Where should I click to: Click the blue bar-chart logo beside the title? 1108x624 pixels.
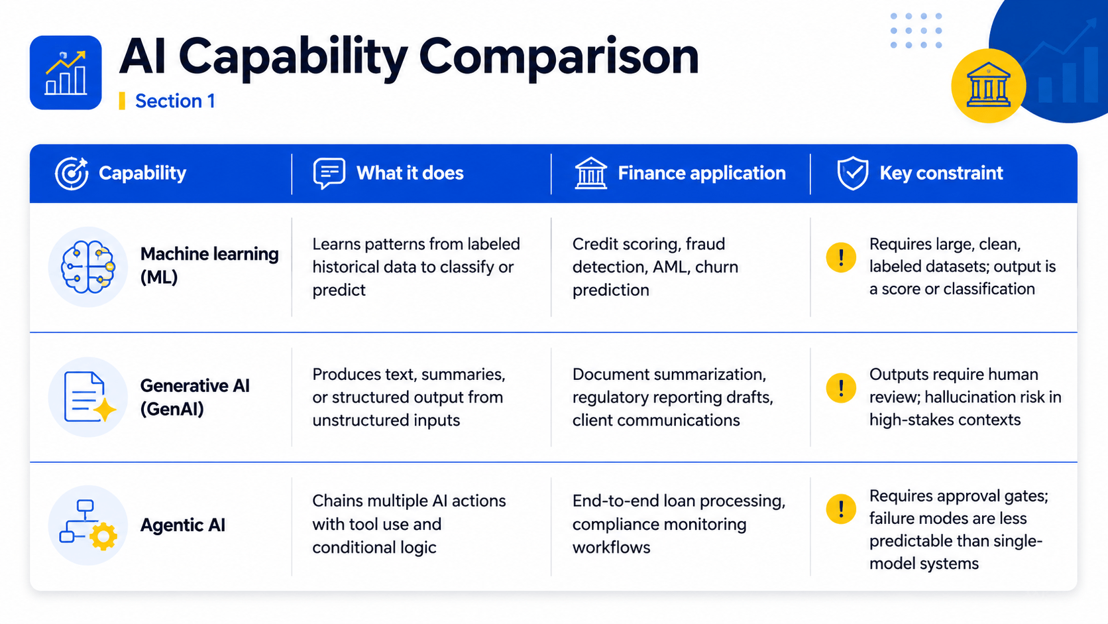(66, 73)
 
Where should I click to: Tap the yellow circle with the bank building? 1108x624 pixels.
(988, 86)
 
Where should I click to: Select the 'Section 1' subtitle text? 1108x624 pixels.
(175, 101)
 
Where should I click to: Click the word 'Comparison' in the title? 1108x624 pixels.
(559, 58)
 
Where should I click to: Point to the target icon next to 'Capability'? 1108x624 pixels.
(72, 173)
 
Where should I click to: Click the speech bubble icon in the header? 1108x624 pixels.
(329, 173)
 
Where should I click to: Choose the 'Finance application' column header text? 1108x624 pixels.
(701, 173)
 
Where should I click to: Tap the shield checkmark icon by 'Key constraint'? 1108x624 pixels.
(852, 173)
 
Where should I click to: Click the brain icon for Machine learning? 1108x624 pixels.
(88, 267)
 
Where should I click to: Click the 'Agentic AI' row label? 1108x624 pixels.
(183, 525)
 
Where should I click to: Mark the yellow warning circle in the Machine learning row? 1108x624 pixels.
(841, 257)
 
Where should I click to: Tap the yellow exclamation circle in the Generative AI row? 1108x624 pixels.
(841, 387)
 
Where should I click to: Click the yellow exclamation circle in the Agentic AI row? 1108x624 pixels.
(841, 509)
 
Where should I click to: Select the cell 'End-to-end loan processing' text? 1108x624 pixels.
(679, 501)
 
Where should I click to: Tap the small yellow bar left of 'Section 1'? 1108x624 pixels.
(122, 101)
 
